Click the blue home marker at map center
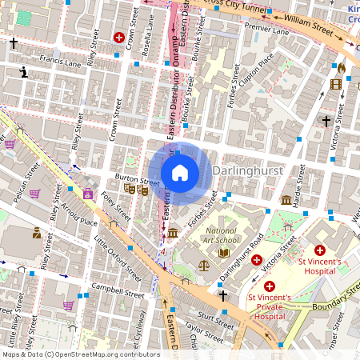click(x=180, y=173)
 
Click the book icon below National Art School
click(x=225, y=253)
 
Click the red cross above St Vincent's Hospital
click(x=321, y=250)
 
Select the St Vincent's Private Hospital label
click(x=269, y=306)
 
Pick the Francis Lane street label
click(x=42, y=59)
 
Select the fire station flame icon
click(x=341, y=68)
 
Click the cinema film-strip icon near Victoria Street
click(x=336, y=83)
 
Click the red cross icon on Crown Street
click(x=119, y=37)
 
